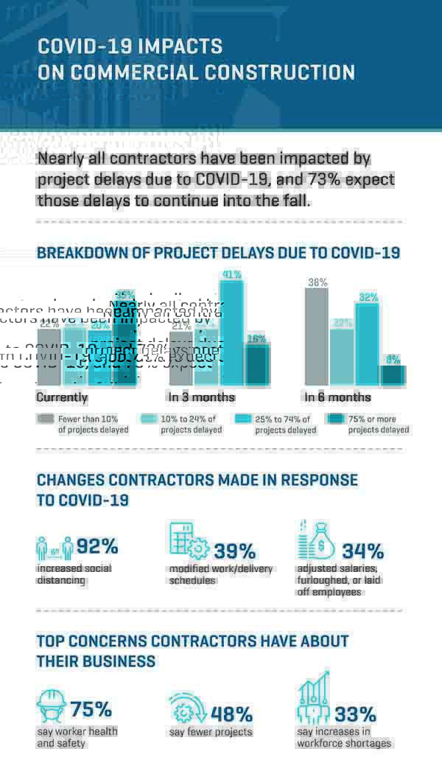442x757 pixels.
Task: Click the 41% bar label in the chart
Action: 232,274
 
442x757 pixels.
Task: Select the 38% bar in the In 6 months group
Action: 317,336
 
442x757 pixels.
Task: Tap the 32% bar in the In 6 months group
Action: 368,343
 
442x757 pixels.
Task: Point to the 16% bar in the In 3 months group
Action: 257,366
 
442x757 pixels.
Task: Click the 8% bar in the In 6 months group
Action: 393,375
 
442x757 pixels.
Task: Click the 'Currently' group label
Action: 62,397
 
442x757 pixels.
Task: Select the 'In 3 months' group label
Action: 201,397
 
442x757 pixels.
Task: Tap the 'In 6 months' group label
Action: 337,397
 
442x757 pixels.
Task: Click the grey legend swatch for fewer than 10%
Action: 45,419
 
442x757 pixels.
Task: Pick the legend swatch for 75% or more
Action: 337,419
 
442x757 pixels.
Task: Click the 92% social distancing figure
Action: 97,546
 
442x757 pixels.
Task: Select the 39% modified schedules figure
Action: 234,551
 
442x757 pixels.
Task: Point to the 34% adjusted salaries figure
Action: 362,551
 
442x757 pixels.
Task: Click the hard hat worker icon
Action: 51,705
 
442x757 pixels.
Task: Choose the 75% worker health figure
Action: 91,709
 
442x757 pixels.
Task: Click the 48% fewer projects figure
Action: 231,714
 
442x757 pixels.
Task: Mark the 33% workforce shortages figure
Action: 355,714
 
